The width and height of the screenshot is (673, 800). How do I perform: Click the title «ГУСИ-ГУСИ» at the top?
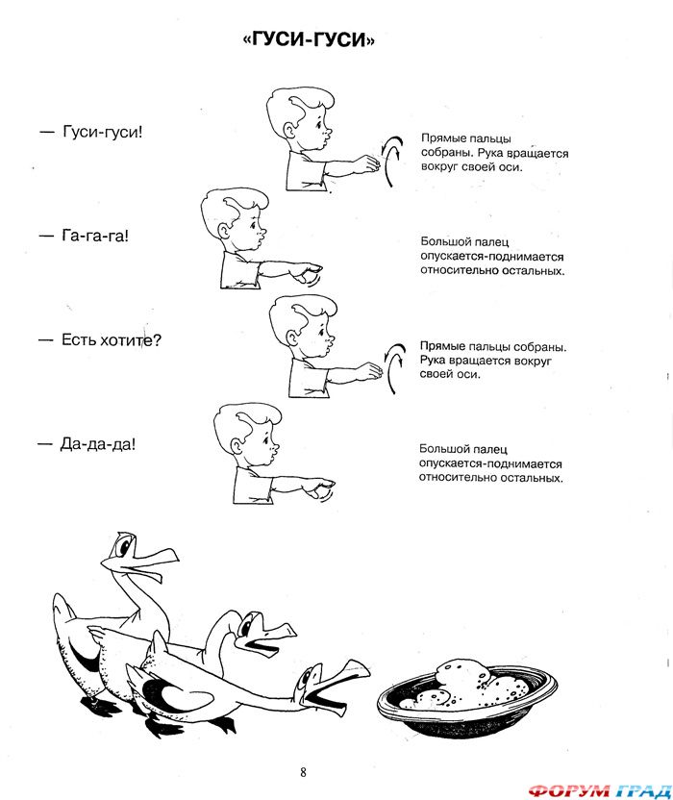point(309,38)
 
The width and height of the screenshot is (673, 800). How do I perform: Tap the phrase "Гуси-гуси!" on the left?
point(103,132)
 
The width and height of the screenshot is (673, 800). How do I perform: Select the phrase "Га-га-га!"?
point(95,236)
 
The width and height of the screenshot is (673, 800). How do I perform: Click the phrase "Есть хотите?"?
point(112,339)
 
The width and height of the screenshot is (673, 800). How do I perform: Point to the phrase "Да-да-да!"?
point(98,444)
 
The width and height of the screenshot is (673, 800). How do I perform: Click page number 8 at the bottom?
point(303,772)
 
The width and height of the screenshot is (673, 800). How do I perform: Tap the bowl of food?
point(467,697)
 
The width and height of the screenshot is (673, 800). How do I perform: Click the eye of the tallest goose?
point(123,547)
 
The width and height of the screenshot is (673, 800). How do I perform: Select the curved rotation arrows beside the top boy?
point(392,161)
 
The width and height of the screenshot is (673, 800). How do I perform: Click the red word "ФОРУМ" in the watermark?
point(568,790)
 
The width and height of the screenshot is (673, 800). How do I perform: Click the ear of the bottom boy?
point(237,447)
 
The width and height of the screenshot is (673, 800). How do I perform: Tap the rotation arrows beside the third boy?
point(394,368)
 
